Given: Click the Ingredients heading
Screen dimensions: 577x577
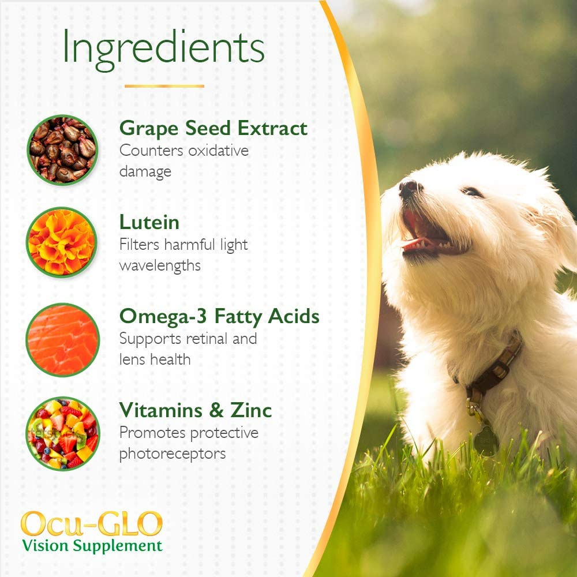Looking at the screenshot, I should [163, 48].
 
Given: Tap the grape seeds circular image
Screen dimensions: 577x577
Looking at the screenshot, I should [63, 149].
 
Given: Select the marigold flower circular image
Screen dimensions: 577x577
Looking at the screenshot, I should [62, 242].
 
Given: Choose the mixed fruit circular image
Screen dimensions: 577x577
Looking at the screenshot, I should [63, 433].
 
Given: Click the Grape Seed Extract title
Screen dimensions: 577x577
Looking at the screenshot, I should [213, 129].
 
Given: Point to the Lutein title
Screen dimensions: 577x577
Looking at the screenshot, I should [149, 222].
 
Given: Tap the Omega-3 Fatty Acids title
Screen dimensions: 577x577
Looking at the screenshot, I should [219, 316].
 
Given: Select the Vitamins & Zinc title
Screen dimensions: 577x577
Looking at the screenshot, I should [196, 410].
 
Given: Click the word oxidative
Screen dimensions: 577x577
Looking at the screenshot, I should [218, 151].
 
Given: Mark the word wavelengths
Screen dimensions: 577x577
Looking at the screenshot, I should [160, 265].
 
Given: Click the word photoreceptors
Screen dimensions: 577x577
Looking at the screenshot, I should [173, 454].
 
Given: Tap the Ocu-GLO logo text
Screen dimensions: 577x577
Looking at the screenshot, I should [92, 523].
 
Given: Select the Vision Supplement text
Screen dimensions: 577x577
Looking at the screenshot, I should [92, 545].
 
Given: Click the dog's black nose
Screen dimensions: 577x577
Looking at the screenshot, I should [409, 188].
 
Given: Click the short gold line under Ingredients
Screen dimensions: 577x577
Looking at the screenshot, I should [164, 86].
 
